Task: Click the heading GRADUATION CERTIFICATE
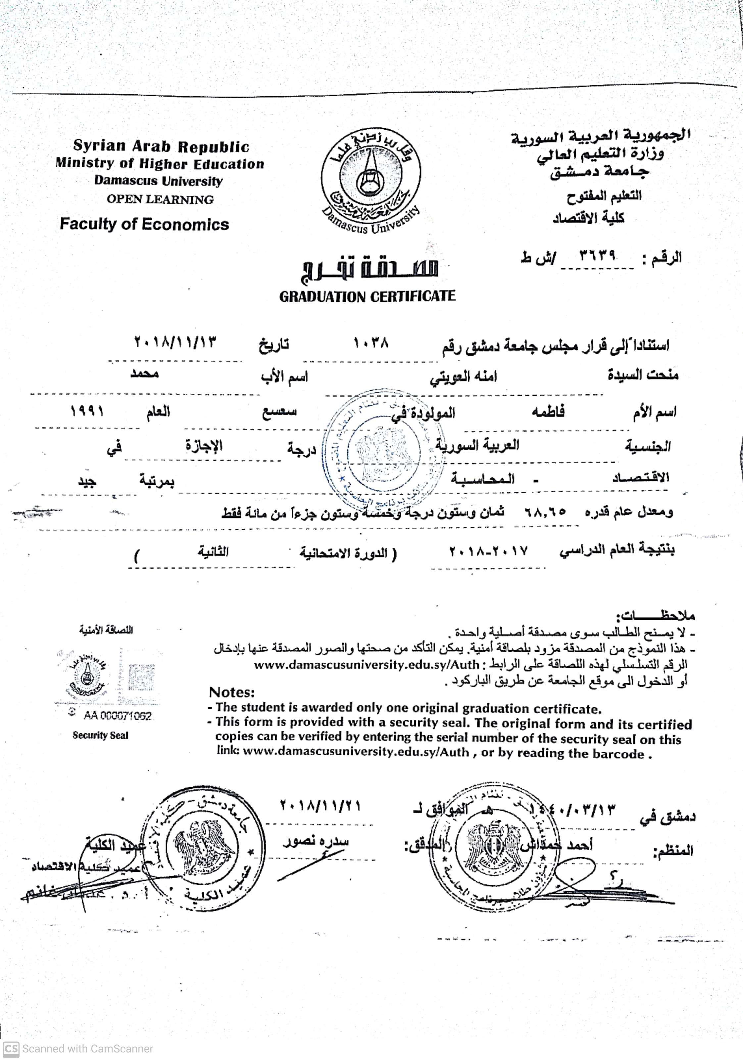[367, 296]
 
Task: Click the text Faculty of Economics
[144, 224]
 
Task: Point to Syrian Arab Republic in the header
[161, 146]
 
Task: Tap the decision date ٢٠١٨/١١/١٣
[175, 343]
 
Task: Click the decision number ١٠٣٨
[371, 343]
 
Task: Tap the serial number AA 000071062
[118, 716]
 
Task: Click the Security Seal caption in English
[100, 735]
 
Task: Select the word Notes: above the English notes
[232, 692]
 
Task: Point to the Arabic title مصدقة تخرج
[369, 267]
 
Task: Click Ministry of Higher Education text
[160, 163]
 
